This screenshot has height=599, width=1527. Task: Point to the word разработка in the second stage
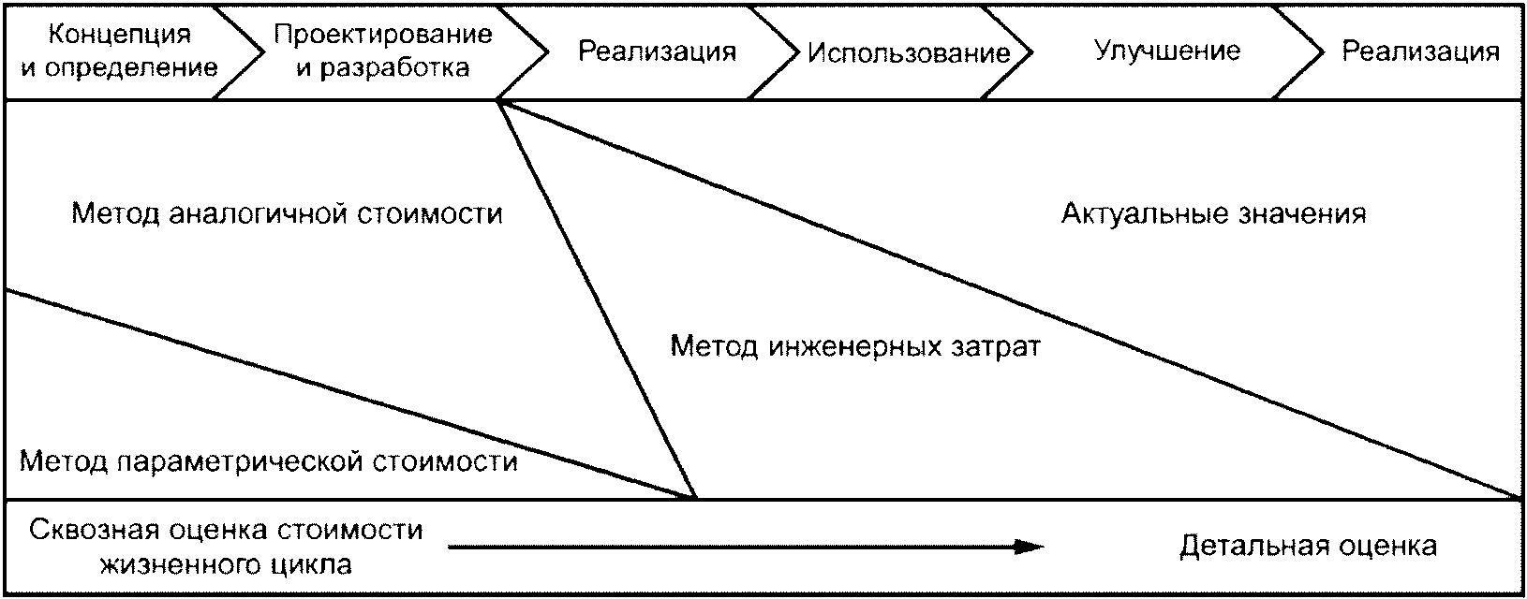pos(394,68)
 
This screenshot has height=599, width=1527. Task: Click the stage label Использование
pos(909,52)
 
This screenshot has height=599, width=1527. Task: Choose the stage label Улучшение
pos(1167,51)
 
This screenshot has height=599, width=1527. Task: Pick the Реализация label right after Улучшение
pos(1420,51)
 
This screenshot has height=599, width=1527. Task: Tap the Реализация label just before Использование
pos(657,51)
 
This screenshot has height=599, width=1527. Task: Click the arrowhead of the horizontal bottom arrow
pos(1030,547)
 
